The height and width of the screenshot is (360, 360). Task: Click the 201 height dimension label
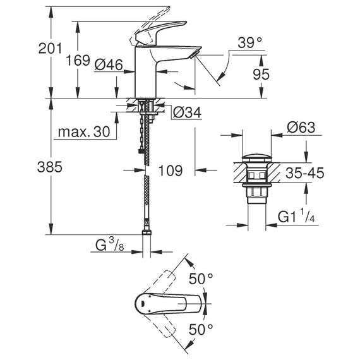(x=50, y=49)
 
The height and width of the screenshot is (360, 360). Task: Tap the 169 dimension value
(x=78, y=61)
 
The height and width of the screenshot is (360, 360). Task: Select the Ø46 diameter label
(x=109, y=64)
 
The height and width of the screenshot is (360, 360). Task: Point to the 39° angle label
(x=249, y=43)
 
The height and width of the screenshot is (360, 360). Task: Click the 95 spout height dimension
(x=261, y=74)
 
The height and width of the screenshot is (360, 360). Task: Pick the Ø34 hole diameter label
(x=187, y=112)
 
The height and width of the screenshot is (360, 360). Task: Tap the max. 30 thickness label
(x=84, y=132)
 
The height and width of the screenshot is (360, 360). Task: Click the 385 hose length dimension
(x=50, y=167)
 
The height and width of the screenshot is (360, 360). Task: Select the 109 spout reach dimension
(x=171, y=171)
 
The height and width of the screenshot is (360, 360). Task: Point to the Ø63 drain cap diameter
(x=301, y=127)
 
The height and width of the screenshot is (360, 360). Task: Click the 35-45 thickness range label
(x=304, y=172)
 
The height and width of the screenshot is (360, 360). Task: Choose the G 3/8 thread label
(x=110, y=244)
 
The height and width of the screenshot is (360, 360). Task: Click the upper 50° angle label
(x=201, y=279)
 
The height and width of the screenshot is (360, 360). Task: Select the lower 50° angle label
(x=201, y=329)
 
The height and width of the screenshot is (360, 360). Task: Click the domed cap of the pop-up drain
(x=257, y=159)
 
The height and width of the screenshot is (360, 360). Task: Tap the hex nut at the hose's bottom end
(x=147, y=232)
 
